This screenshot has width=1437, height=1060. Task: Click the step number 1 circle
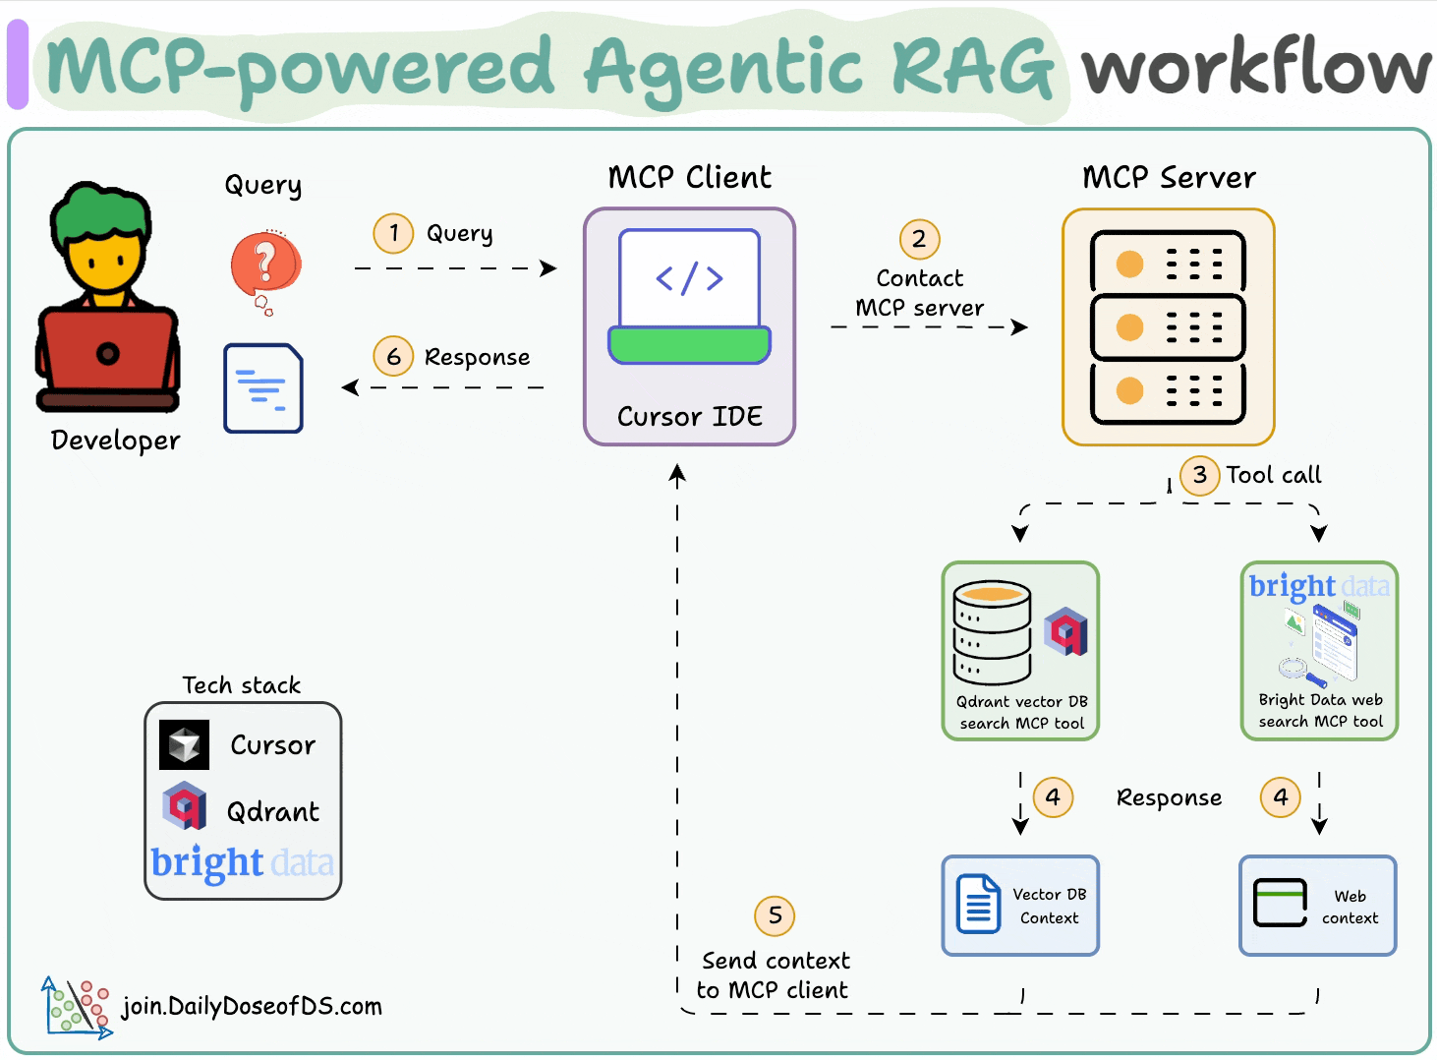(x=393, y=233)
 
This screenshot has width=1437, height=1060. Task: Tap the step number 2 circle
(x=919, y=239)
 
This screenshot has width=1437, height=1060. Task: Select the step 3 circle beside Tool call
(x=1199, y=475)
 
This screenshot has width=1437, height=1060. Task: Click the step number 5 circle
(x=775, y=915)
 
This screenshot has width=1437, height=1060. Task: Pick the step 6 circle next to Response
(x=393, y=356)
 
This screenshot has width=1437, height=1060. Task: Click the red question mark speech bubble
(x=264, y=265)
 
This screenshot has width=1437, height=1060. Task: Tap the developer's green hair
(x=101, y=210)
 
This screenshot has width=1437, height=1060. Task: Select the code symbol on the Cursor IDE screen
(x=689, y=278)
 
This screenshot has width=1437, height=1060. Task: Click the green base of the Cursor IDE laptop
(x=689, y=345)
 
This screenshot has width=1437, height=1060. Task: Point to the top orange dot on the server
(x=1130, y=264)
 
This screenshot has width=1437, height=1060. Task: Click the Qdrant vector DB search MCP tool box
(x=1020, y=650)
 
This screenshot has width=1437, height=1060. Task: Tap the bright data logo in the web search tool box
(x=1319, y=586)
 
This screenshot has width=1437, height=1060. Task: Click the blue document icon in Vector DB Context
(x=977, y=904)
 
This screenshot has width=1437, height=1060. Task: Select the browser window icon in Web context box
(x=1280, y=902)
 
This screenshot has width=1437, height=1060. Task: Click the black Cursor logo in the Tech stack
(x=184, y=744)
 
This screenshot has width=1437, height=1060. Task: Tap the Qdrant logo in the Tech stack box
(x=184, y=806)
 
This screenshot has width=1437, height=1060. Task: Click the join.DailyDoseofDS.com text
(x=252, y=1006)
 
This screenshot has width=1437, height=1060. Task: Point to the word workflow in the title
(x=1255, y=69)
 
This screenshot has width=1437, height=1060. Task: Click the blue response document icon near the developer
(x=262, y=388)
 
